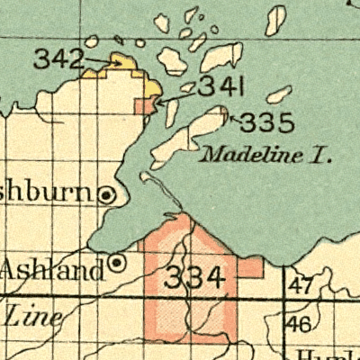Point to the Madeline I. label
pyautogui.click(x=266, y=154)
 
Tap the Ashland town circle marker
pyautogui.click(x=116, y=263)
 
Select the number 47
pyautogui.click(x=302, y=287)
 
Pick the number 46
pyautogui.click(x=301, y=324)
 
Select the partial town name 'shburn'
pyautogui.click(x=45, y=192)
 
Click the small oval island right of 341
pyautogui.click(x=280, y=93)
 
